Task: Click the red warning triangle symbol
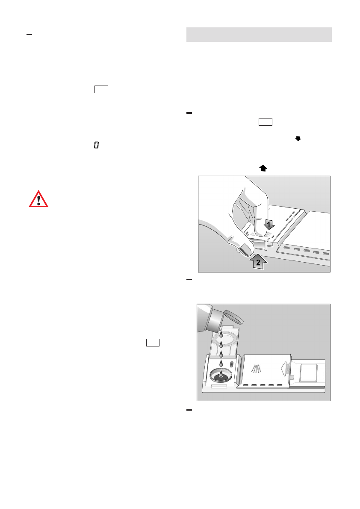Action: [38, 199]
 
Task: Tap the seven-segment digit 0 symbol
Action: [96, 146]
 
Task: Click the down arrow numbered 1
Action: [268, 224]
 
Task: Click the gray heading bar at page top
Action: [259, 35]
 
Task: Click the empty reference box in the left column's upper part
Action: [102, 89]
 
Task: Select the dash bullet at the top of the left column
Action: [29, 34]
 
